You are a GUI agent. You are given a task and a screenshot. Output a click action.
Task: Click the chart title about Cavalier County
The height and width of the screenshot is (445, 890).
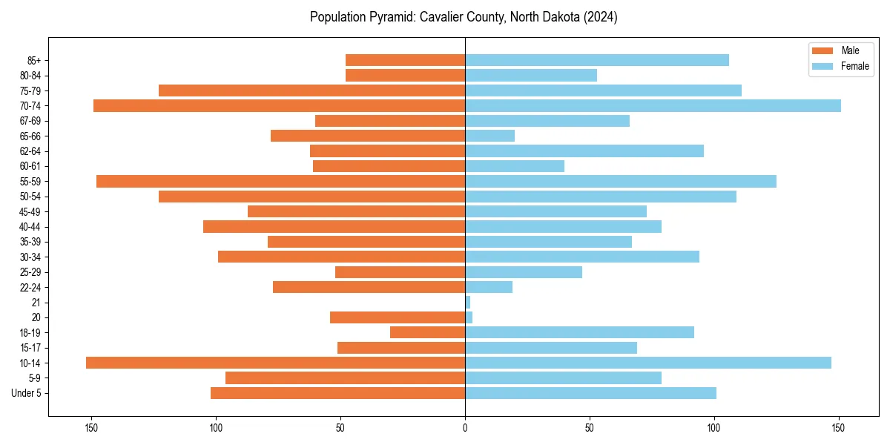(x=464, y=17)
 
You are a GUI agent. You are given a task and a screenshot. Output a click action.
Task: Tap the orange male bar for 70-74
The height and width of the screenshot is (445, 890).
(x=279, y=105)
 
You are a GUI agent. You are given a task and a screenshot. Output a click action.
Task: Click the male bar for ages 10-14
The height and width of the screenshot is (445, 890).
(x=275, y=363)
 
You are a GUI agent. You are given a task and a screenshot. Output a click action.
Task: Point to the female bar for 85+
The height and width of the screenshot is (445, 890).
(x=597, y=60)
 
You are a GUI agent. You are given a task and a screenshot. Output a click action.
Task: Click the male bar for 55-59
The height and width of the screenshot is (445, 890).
(x=280, y=181)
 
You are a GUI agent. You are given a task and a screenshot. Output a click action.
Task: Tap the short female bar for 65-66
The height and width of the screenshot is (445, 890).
(x=489, y=136)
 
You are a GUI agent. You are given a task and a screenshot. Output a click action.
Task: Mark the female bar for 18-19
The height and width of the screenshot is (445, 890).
(x=579, y=332)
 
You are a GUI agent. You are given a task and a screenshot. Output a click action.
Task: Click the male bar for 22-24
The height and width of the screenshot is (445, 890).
(x=369, y=287)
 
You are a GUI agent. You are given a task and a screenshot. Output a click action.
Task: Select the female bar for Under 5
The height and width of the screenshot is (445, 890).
(x=590, y=393)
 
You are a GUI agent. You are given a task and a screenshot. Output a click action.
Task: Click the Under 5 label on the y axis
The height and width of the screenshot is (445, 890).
(x=26, y=393)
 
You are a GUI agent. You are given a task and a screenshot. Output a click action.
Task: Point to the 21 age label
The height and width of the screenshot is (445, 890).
(x=36, y=303)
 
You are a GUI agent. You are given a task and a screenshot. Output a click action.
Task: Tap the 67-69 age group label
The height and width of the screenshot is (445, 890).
(x=30, y=121)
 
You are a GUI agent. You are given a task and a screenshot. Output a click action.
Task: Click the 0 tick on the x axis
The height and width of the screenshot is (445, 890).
(x=465, y=428)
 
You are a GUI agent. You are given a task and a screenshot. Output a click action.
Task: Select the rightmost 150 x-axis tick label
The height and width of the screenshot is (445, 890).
(x=838, y=428)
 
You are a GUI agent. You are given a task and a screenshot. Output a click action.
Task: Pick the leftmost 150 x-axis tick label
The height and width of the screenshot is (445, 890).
(x=91, y=428)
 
